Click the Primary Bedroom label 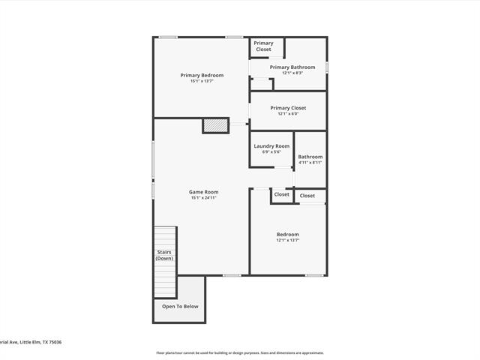tap(202, 75)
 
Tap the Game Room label tap(203, 192)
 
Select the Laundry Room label tap(271, 146)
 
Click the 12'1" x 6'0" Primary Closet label tap(288, 108)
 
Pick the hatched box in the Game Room tap(215, 126)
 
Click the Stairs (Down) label tap(164, 255)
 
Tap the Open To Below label tap(180, 306)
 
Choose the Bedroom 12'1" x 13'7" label tap(288, 235)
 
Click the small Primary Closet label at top tap(263, 46)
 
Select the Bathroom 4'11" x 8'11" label tap(310, 157)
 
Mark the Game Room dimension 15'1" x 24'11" tap(203, 198)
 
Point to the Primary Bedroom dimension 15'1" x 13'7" tap(202, 81)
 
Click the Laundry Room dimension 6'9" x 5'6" tap(271, 152)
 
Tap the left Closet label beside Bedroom tap(281, 195)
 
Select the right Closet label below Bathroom tap(307, 196)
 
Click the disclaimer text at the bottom tap(240, 352)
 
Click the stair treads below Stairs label tap(165, 281)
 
